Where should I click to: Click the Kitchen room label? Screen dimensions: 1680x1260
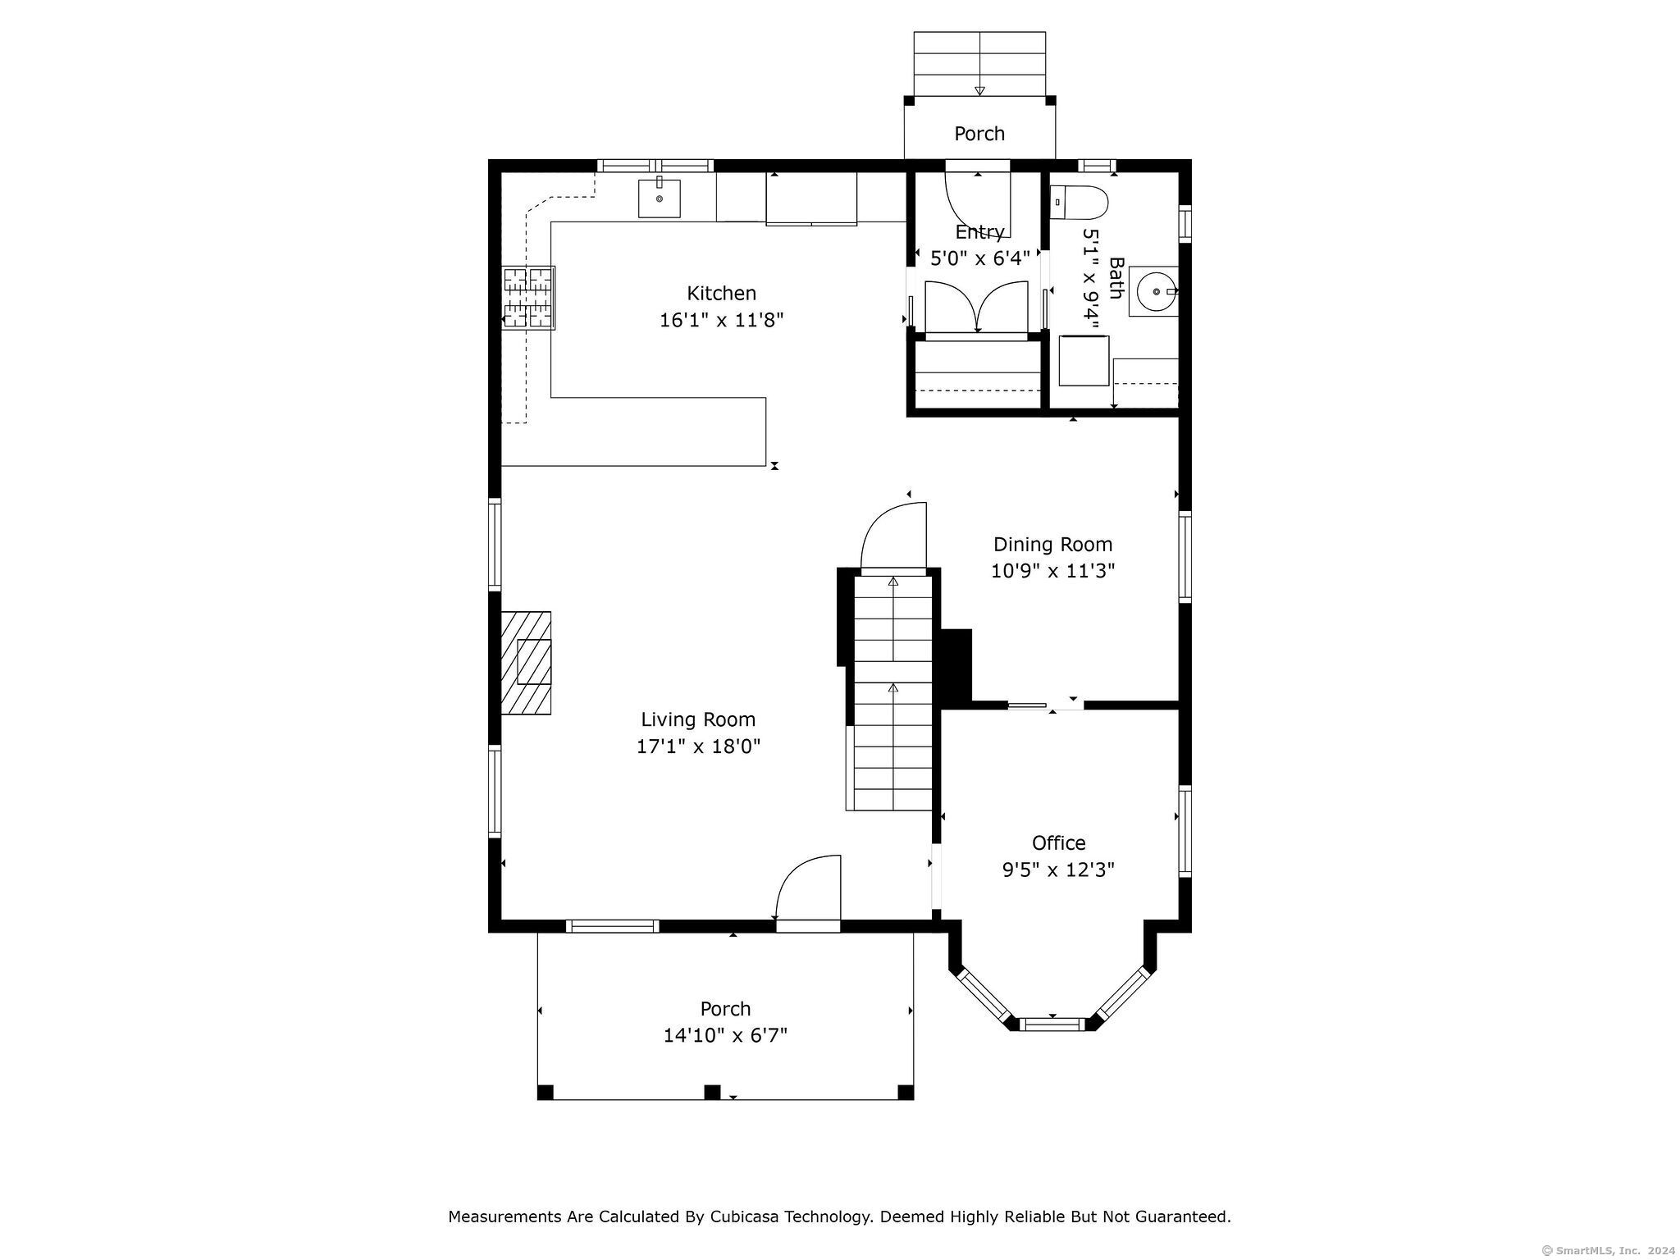pyautogui.click(x=721, y=293)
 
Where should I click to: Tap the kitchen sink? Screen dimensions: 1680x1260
pyautogui.click(x=660, y=199)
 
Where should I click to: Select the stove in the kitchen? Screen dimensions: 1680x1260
pyautogui.click(x=529, y=298)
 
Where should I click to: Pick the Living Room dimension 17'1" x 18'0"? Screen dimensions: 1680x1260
pyautogui.click(x=699, y=746)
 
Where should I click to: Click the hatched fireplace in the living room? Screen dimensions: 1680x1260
pyautogui.click(x=526, y=663)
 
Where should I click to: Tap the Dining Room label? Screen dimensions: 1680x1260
pyautogui.click(x=1052, y=544)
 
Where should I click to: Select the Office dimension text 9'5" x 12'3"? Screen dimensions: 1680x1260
pyautogui.click(x=1058, y=870)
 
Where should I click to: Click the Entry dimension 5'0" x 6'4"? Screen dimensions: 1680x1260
pyautogui.click(x=979, y=258)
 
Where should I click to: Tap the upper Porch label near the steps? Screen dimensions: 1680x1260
pyautogui.click(x=979, y=134)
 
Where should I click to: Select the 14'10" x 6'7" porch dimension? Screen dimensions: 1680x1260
pyautogui.click(x=725, y=1035)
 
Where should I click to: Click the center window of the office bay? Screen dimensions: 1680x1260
pyautogui.click(x=1052, y=1023)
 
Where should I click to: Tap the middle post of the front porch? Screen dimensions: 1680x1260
pyautogui.click(x=712, y=1092)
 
